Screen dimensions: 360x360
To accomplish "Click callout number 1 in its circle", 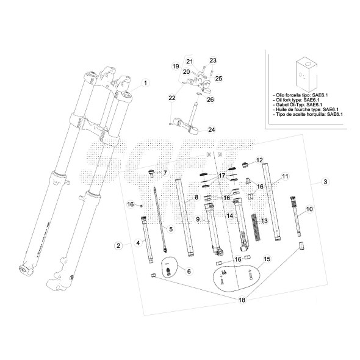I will pos(145,82).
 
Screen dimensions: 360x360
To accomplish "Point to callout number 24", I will pos(212,129).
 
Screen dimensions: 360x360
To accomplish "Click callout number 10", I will pos(309,209).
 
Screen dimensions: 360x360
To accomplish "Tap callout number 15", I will pos(266,259).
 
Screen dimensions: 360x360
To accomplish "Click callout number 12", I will pos(259,160).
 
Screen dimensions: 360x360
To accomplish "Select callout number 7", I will pos(164,173).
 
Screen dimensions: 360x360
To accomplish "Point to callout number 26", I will pos(210,99).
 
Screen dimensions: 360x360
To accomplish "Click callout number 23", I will pos(213,60).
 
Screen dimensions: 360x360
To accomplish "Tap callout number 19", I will pos(175,66).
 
